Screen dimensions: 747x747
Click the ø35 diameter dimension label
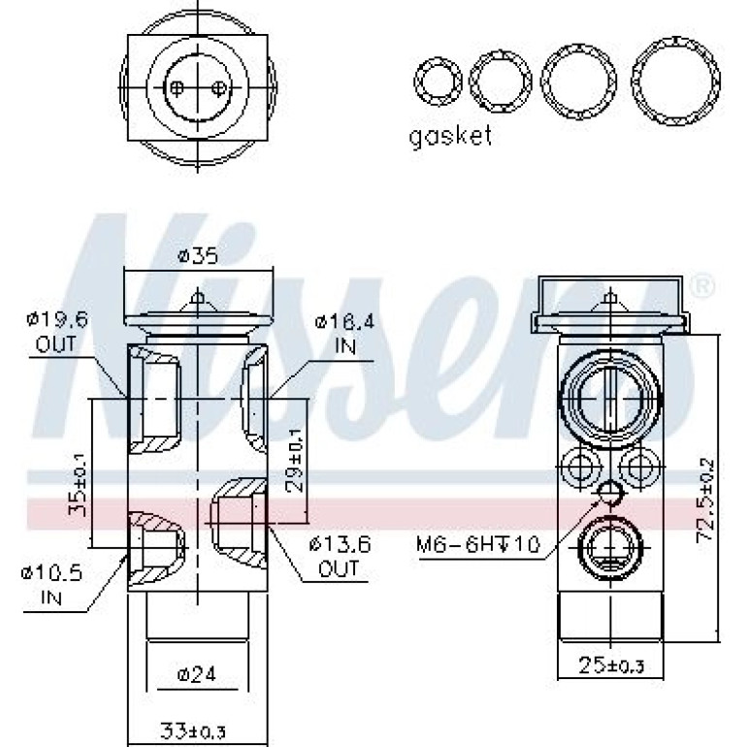click(198, 256)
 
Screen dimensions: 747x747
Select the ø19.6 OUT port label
click(57, 332)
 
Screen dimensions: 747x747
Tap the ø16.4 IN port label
click(344, 334)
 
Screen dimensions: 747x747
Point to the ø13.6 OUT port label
click(340, 556)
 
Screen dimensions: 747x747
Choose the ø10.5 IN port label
click(52, 584)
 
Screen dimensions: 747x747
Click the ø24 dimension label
click(196, 674)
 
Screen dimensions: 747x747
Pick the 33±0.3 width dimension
click(192, 731)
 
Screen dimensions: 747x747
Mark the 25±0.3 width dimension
click(611, 666)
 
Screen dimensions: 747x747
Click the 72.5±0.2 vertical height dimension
click(704, 500)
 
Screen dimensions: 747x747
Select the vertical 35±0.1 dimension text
click(77, 484)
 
